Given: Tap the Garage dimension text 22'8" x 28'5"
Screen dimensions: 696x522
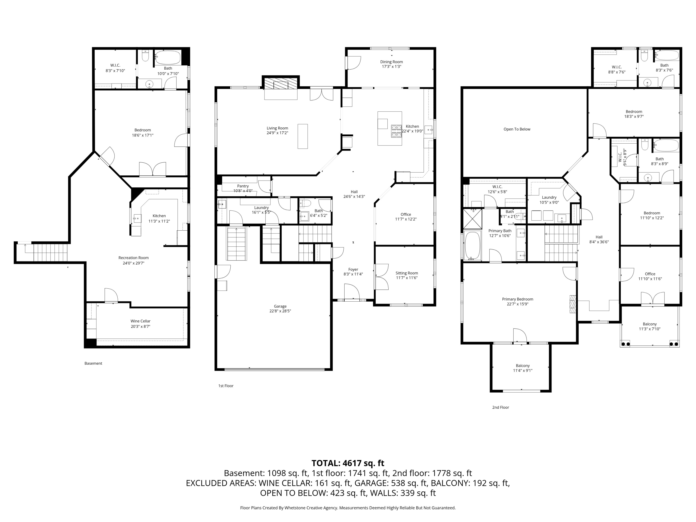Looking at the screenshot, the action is [280, 311].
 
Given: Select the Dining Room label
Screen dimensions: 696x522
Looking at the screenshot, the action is [391, 62].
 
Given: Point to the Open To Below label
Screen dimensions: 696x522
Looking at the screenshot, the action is [517, 129].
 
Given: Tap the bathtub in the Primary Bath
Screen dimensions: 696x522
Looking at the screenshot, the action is [472, 245].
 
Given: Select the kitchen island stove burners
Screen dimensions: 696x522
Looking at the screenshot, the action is [396, 131].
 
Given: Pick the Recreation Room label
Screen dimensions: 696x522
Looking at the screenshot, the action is [133, 258].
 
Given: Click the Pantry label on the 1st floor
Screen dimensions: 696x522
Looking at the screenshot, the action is [243, 186].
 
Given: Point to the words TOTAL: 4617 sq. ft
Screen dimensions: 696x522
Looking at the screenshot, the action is [348, 463].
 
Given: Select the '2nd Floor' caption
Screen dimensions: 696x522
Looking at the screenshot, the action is [501, 407].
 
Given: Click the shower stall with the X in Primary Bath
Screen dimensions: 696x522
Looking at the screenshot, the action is [473, 219].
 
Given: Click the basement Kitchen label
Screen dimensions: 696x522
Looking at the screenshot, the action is [159, 216].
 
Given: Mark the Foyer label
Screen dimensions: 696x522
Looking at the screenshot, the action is [353, 270].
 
